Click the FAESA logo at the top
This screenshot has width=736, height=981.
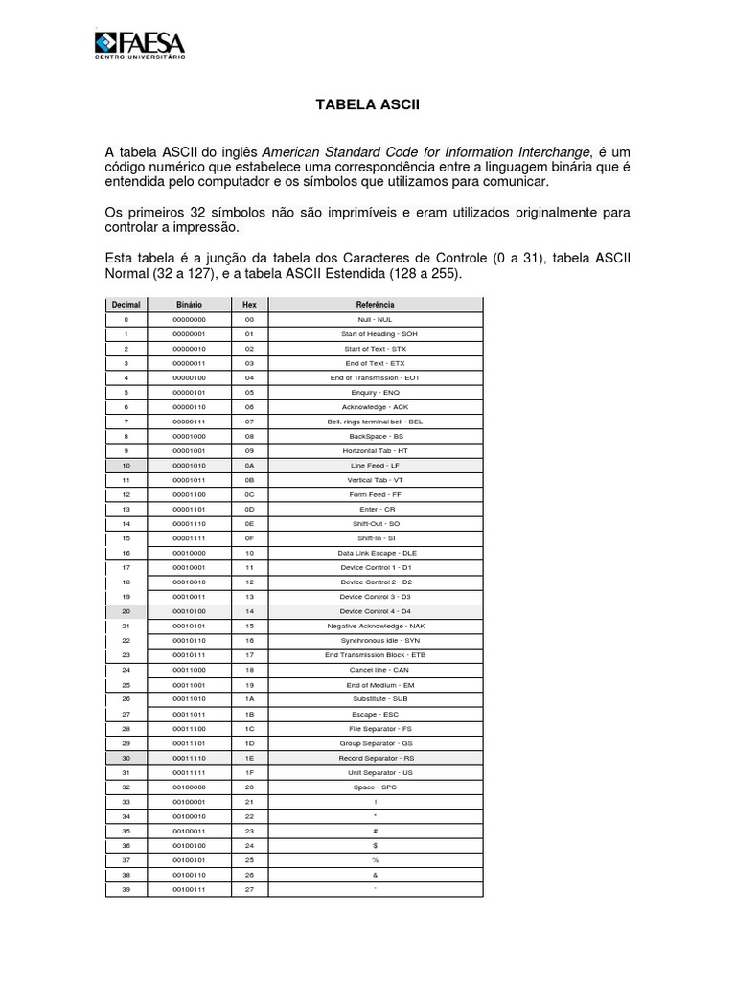click(140, 45)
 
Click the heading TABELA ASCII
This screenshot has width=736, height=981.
click(367, 103)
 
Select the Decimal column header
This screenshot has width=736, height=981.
click(126, 304)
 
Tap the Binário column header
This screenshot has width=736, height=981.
click(189, 304)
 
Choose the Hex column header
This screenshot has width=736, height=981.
click(249, 304)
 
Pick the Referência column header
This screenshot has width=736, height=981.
click(376, 304)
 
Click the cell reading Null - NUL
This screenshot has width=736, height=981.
click(376, 319)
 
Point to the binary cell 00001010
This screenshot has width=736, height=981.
click(189, 465)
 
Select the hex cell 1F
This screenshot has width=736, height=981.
click(249, 772)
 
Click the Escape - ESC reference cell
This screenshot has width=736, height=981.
click(376, 714)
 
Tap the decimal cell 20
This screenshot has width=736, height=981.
click(126, 611)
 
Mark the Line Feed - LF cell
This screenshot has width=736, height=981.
click(376, 465)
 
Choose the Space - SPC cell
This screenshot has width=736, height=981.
click(376, 787)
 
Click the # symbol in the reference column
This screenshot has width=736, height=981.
click(376, 831)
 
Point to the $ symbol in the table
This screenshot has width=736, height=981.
click(376, 845)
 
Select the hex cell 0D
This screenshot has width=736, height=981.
click(249, 509)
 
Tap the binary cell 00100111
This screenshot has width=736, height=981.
click(189, 889)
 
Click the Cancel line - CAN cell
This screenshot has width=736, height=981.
click(376, 670)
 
